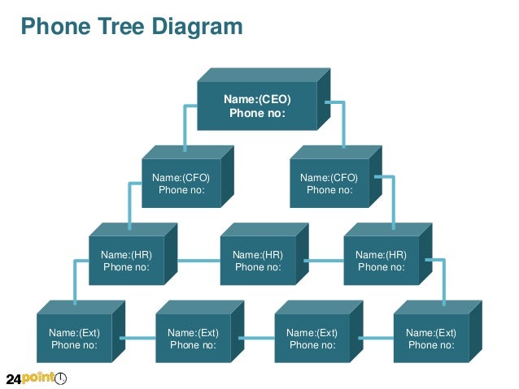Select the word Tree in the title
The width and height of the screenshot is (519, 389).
(x=121, y=28)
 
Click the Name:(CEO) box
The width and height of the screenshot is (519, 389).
(x=257, y=106)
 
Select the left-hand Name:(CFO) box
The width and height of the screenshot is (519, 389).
(x=181, y=184)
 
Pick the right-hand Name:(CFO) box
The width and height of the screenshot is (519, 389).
(x=329, y=184)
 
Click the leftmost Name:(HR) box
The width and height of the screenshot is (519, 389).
(x=126, y=261)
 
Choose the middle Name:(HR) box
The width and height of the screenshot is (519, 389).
(x=258, y=261)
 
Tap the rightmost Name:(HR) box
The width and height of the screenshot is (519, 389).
(x=381, y=261)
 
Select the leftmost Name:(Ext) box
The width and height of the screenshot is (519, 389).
(x=74, y=339)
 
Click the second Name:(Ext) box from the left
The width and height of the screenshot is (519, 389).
(x=193, y=339)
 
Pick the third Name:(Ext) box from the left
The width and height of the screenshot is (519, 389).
(x=312, y=339)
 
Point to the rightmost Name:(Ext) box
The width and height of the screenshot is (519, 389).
(x=431, y=339)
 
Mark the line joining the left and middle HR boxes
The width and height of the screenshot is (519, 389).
(x=198, y=261)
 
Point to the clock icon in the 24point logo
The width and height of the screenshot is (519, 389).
(x=60, y=378)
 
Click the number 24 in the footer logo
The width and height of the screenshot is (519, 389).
(x=14, y=379)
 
